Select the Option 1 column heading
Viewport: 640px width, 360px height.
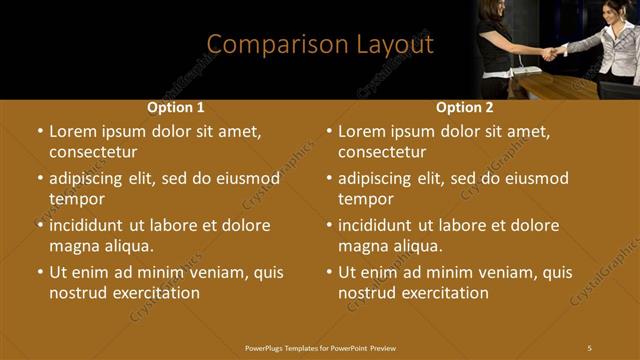[x=176, y=107]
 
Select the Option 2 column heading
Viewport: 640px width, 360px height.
[x=465, y=107]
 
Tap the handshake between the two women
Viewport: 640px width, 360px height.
[x=551, y=53]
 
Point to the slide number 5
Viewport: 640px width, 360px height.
[x=589, y=348]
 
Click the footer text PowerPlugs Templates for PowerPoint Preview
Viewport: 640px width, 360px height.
[x=320, y=348]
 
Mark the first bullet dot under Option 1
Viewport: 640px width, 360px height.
[x=40, y=131]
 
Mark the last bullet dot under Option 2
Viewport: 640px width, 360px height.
[x=329, y=272]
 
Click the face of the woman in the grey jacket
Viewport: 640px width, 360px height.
[x=626, y=12]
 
